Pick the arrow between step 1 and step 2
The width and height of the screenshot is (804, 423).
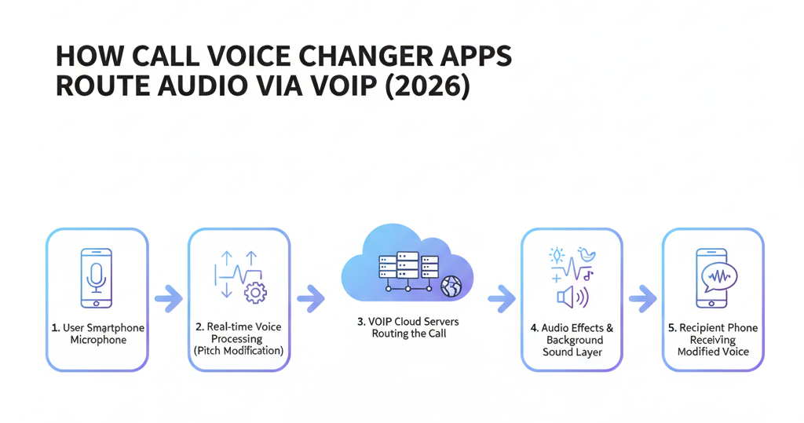[x=168, y=297]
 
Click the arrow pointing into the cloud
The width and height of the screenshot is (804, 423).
[x=310, y=297]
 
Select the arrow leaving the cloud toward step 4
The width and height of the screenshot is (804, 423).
[x=501, y=297]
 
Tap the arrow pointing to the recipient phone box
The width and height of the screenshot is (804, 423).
[x=643, y=297]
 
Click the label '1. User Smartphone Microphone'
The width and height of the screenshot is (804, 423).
[x=97, y=334]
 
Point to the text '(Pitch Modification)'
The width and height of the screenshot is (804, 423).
[x=239, y=351]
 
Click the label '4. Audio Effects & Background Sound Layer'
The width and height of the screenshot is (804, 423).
[x=572, y=340]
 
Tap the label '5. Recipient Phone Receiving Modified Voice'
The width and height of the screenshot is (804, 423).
[x=713, y=340]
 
